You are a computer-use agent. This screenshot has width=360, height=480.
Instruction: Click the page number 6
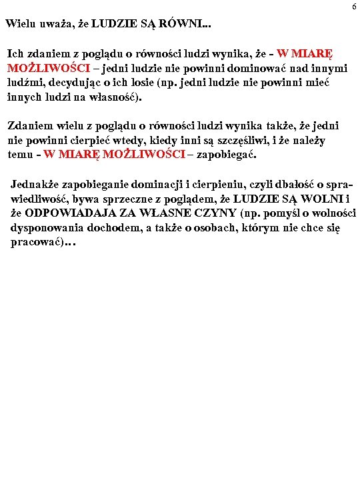click(354, 6)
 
